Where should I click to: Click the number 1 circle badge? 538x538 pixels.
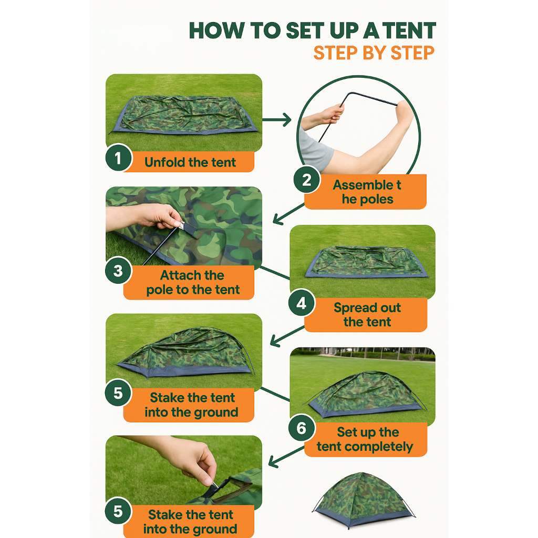[x=118, y=158]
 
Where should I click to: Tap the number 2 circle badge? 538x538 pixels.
[x=307, y=180]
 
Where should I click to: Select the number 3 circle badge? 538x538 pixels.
[x=118, y=271]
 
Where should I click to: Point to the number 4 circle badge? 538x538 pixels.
[x=302, y=303]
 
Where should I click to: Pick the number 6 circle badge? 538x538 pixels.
[x=302, y=428]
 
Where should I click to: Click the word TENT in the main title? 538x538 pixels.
[x=410, y=30]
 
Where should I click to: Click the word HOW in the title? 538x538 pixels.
[x=217, y=30]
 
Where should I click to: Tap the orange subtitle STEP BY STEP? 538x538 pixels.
[x=374, y=53]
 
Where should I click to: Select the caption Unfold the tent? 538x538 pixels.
[x=190, y=162]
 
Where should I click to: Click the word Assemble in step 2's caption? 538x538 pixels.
[x=363, y=185]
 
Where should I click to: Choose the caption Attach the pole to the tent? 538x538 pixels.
[x=193, y=282]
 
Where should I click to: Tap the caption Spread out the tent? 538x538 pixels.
[x=367, y=315]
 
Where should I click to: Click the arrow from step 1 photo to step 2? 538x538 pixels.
[x=277, y=120]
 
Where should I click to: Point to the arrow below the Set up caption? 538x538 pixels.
[x=286, y=457]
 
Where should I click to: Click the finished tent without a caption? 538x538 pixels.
[x=364, y=499]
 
